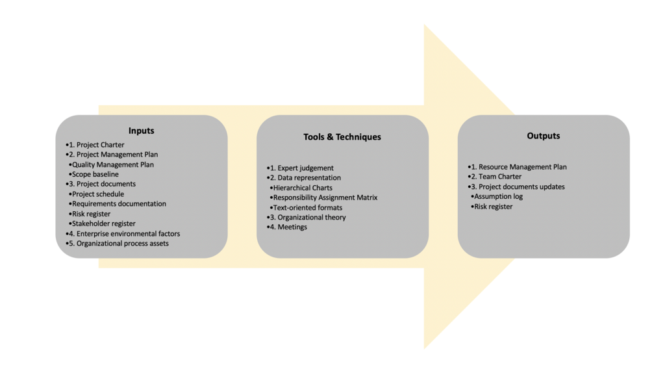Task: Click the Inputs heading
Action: [141, 131]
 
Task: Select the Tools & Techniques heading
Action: [342, 137]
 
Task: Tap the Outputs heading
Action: [544, 136]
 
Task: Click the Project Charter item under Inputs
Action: [100, 145]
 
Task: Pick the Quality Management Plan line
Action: [113, 164]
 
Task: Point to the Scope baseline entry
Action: [95, 174]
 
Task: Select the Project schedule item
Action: [98, 194]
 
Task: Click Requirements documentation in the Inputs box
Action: [119, 203]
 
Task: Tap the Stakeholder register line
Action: [104, 224]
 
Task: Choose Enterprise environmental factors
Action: [128, 233]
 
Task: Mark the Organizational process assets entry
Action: [122, 244]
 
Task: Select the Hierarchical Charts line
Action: [303, 188]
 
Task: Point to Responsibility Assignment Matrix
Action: [325, 198]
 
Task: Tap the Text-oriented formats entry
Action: [308, 207]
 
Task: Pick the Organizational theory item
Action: [312, 217]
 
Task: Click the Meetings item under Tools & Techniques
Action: [292, 227]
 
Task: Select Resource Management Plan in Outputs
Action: [522, 167]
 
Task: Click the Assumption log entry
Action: [498, 196]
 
